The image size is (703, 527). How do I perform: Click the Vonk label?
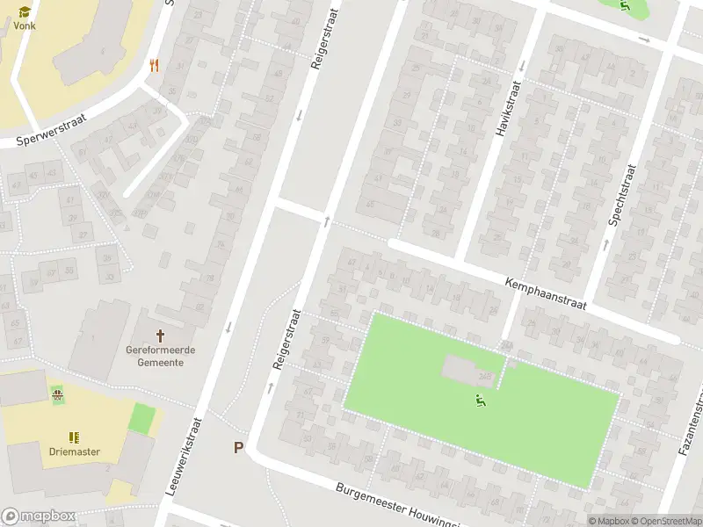[25, 25]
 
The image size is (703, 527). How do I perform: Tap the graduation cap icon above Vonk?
[25, 11]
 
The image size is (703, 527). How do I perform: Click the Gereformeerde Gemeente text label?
[160, 356]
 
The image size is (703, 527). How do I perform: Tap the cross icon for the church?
[160, 336]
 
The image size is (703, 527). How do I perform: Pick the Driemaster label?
[74, 451]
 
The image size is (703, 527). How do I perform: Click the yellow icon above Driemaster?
[74, 437]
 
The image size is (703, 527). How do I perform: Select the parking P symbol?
[238, 448]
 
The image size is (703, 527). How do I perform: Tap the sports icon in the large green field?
[480, 402]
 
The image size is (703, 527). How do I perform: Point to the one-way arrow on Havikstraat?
[521, 65]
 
